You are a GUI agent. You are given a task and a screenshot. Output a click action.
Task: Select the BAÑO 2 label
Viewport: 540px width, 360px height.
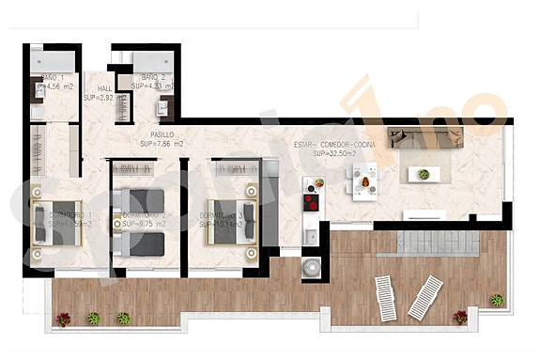point(153,77)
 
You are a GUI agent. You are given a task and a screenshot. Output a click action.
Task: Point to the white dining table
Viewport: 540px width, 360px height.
point(363,176)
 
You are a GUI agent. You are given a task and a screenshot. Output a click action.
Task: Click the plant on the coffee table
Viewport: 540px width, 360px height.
point(424,174)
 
